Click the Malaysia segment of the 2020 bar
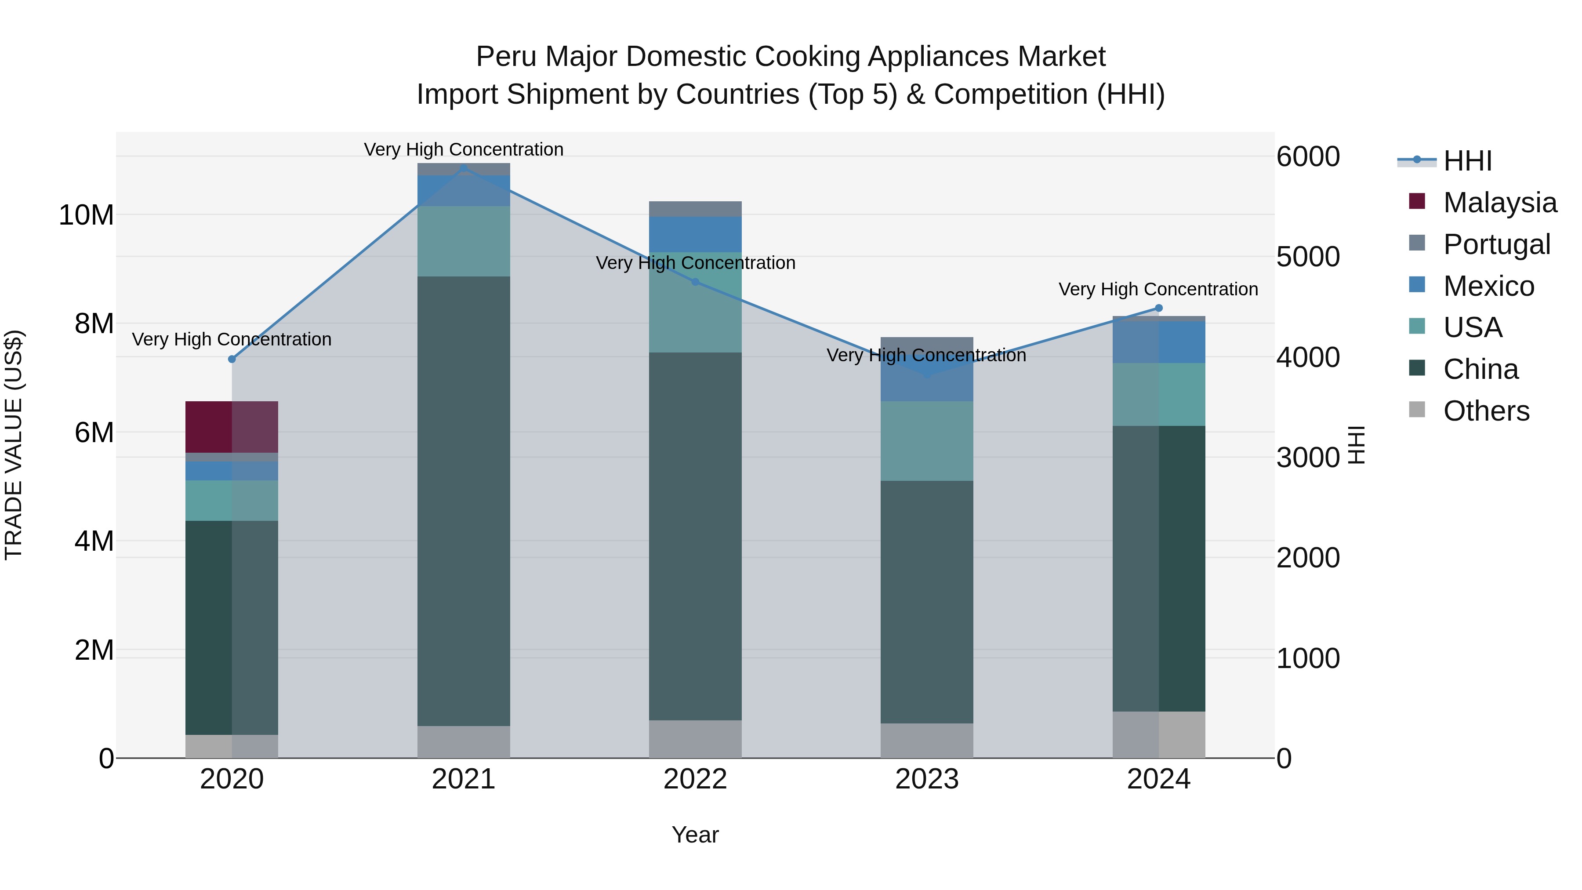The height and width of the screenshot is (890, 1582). [232, 426]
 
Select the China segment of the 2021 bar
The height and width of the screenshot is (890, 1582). [464, 501]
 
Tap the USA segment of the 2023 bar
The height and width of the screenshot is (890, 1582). [927, 440]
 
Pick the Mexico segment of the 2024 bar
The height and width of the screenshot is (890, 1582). [1159, 341]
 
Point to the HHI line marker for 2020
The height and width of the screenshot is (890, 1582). [232, 360]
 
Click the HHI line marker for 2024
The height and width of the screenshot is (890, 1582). [1159, 309]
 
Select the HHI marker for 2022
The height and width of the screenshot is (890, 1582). [695, 282]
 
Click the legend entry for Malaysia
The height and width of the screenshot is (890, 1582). [1499, 203]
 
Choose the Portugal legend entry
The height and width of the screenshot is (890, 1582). [1496, 244]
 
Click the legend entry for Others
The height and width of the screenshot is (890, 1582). [1486, 411]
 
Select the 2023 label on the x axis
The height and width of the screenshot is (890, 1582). [927, 779]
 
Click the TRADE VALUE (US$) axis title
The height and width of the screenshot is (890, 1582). [14, 445]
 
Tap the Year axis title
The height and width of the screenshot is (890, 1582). [695, 835]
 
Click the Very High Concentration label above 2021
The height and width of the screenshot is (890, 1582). [464, 149]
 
